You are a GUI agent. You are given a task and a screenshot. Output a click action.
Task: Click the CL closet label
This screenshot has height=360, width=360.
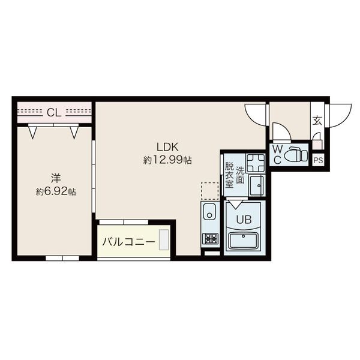tap(54, 113)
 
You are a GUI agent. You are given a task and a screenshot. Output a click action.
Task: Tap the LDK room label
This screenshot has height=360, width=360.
tap(167, 147)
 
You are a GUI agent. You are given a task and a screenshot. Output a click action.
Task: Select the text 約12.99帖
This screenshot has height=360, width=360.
tap(167, 160)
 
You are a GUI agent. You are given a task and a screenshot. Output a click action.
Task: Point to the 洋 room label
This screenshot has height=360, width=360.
tap(56, 178)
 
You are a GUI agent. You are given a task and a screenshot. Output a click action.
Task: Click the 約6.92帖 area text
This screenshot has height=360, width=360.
tap(56, 191)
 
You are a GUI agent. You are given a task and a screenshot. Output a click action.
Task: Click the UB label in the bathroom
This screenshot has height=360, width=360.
tap(244, 220)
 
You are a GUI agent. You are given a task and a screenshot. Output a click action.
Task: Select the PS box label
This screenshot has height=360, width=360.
tap(318, 160)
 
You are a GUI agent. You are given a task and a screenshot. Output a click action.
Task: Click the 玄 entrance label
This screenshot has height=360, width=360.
tap(317, 121)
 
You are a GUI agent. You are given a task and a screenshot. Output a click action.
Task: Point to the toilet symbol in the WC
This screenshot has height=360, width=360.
tap(296, 155)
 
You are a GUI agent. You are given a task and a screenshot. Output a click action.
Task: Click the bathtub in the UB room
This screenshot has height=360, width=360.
tap(244, 241)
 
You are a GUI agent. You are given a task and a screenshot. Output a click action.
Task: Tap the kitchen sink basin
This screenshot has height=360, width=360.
tap(209, 212)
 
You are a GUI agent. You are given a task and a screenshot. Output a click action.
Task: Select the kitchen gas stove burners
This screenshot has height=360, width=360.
tap(211, 239)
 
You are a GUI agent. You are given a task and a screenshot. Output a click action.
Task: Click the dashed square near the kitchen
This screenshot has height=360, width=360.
tap(210, 191)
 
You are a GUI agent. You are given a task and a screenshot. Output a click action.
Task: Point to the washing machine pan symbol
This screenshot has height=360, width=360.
tap(256, 163)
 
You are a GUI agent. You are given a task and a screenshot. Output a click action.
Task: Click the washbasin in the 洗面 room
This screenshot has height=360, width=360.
tap(257, 185)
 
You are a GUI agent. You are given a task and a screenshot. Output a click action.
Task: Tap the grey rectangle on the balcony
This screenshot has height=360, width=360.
tap(164, 239)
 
